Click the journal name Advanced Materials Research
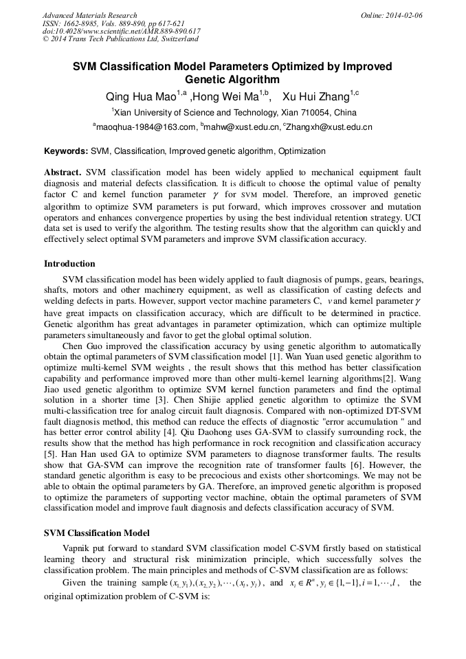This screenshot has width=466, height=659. pos(89,15)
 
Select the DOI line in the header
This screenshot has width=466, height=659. pos(121,32)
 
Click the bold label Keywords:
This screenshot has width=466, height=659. pos(66,150)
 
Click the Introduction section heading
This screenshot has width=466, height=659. pos(69,264)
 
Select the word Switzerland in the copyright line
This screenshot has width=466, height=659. pos(177,39)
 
